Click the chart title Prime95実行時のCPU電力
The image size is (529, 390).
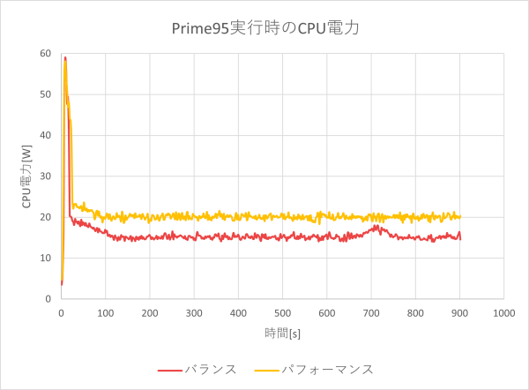click(x=265, y=28)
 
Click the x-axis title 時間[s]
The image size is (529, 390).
click(x=282, y=332)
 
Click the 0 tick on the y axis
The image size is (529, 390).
click(x=51, y=298)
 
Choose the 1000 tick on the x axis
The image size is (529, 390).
click(x=503, y=312)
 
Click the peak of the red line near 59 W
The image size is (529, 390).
click(x=65, y=57)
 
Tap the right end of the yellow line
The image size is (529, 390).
click(x=460, y=216)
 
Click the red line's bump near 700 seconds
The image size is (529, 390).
click(x=376, y=228)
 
